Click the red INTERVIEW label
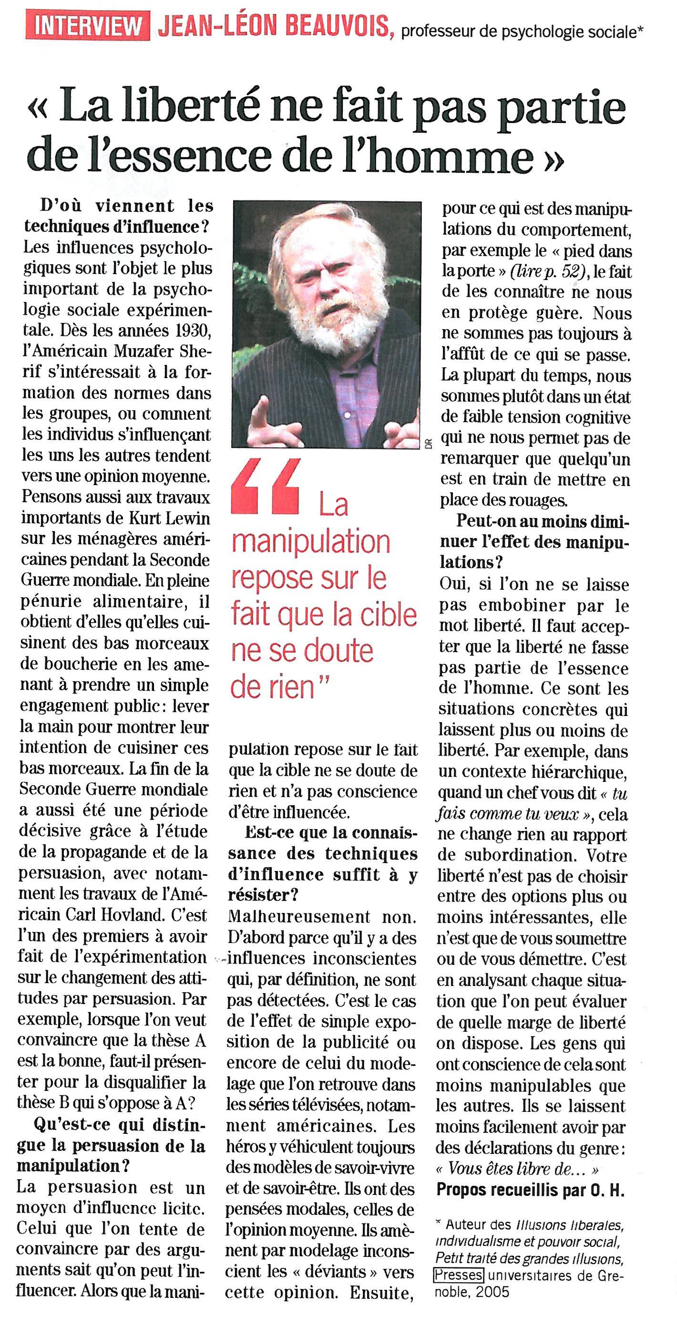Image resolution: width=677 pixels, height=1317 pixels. click(x=87, y=26)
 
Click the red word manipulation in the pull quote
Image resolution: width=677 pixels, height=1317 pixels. click(x=311, y=542)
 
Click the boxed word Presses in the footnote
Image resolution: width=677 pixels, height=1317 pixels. click(x=458, y=1275)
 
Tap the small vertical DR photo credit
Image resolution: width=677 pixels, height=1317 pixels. click(x=428, y=443)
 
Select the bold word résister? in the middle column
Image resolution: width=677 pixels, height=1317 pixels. click(x=263, y=895)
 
